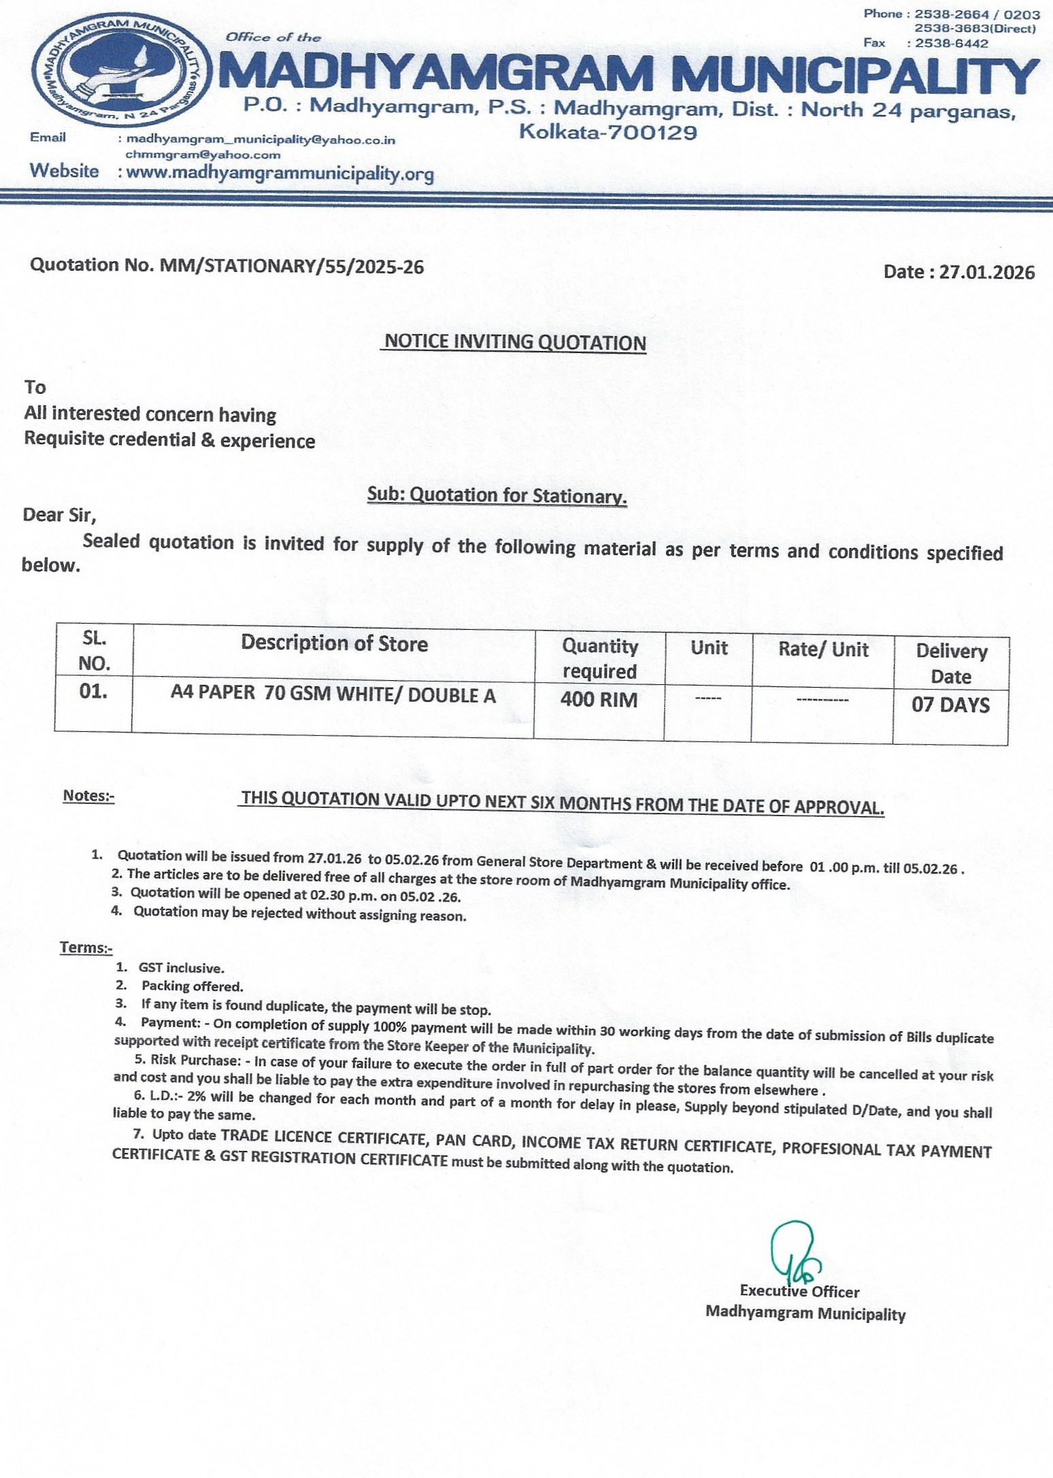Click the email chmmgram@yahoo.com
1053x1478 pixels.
(x=203, y=155)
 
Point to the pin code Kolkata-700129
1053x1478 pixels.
(x=608, y=132)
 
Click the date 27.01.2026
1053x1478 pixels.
(x=986, y=272)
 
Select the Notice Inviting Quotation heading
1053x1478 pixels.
(x=515, y=342)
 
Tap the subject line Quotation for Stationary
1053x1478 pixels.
(x=497, y=495)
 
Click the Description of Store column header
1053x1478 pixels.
(x=334, y=643)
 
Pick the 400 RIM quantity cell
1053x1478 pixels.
(x=599, y=700)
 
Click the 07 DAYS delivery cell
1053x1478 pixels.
(x=950, y=705)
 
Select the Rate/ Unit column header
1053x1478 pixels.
(x=823, y=650)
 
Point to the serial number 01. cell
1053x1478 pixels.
(x=94, y=692)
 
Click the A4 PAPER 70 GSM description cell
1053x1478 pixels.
(x=333, y=695)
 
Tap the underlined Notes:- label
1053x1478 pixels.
(x=88, y=796)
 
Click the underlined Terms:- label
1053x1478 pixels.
(x=86, y=947)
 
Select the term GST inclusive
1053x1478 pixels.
(x=181, y=968)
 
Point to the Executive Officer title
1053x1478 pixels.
(x=799, y=1291)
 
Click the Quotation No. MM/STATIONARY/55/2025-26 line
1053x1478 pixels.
(x=227, y=266)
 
